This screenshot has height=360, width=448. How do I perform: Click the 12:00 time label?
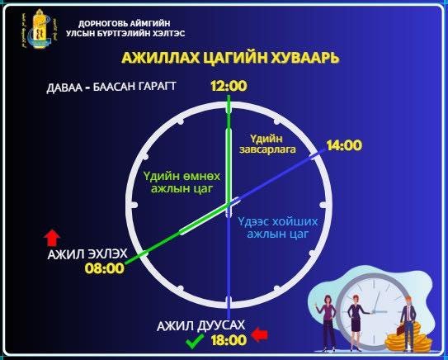229,86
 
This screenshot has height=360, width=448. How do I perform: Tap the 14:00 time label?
343,146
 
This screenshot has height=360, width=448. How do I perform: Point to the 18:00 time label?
229,339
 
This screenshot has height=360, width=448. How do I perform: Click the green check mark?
195,339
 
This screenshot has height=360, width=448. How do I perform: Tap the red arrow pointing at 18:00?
261,334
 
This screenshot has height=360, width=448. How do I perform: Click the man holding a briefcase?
408,317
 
